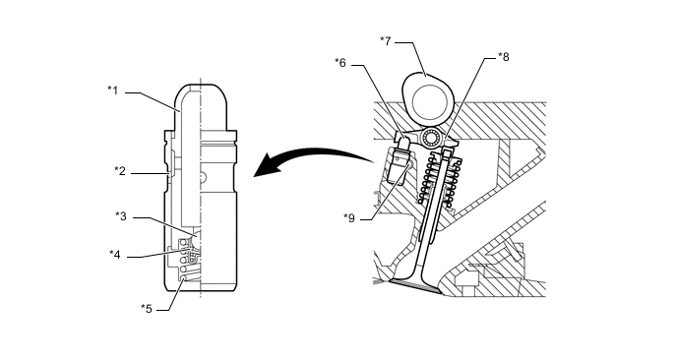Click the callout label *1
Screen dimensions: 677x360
tap(113, 90)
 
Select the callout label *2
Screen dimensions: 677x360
tap(120, 171)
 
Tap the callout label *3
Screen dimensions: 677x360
tap(121, 215)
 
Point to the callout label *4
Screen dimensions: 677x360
tap(115, 254)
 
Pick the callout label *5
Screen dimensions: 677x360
tap(147, 308)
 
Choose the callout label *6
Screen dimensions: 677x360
tap(340, 63)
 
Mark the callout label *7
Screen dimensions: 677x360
tap(385, 41)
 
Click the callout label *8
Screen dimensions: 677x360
tap(504, 56)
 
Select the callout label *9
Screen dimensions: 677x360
tap(349, 218)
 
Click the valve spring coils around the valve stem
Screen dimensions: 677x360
tap(440, 180)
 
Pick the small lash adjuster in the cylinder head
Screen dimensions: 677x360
tap(399, 163)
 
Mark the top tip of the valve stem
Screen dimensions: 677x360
tap(448, 150)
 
